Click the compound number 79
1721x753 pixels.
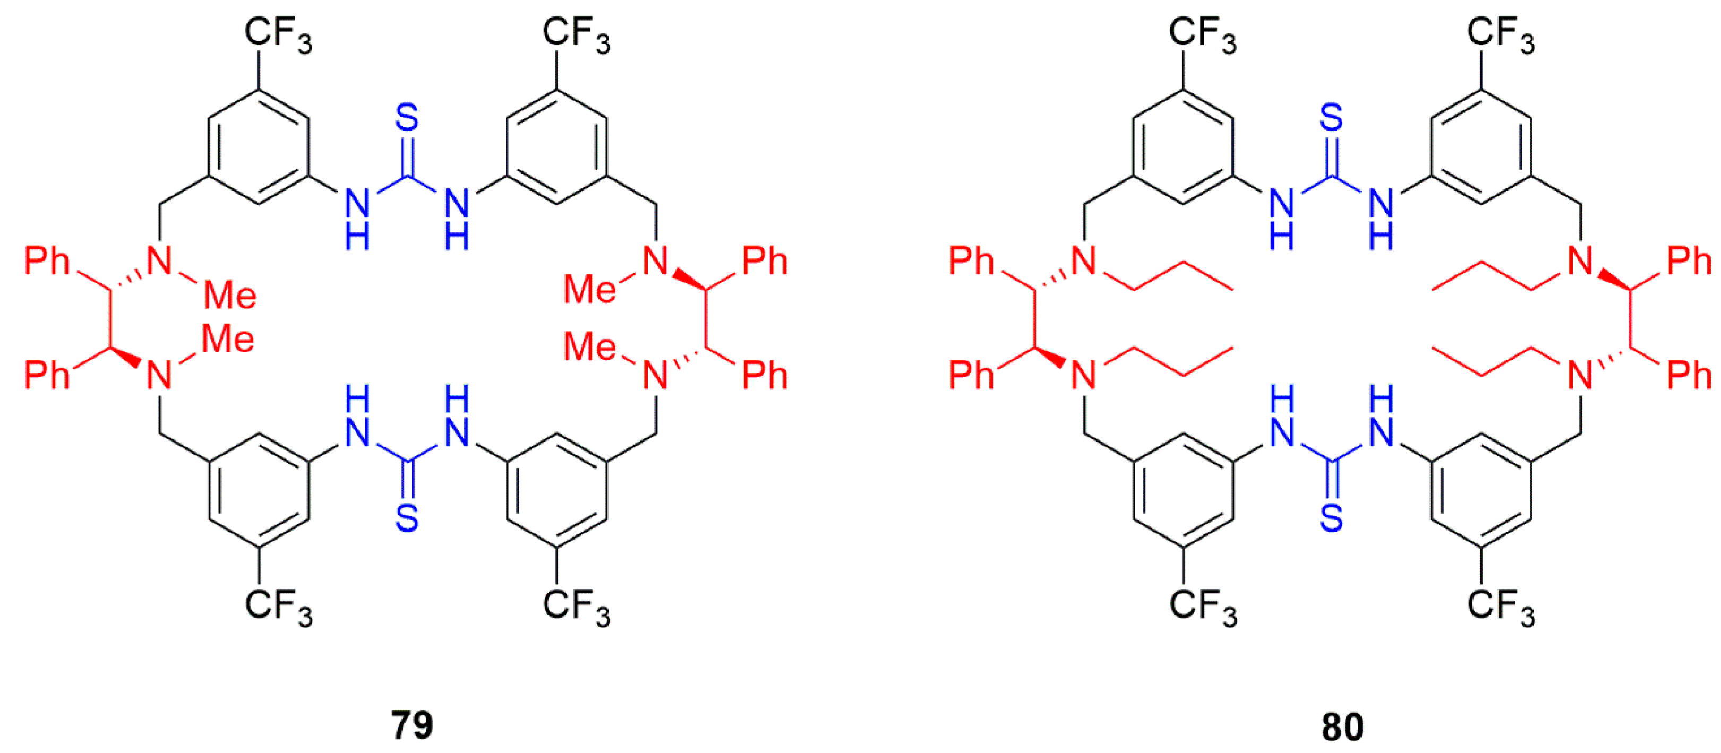[x=412, y=725]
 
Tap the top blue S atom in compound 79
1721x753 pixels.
[x=407, y=118]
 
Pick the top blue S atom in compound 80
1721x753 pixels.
[x=1331, y=118]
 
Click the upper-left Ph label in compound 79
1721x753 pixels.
[x=47, y=261]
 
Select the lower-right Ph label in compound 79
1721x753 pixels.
[x=765, y=375]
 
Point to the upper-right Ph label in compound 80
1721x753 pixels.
[x=1689, y=261]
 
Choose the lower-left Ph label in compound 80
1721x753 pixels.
[x=971, y=375]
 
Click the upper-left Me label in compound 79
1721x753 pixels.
[x=230, y=295]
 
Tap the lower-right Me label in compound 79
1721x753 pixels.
[x=589, y=347]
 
